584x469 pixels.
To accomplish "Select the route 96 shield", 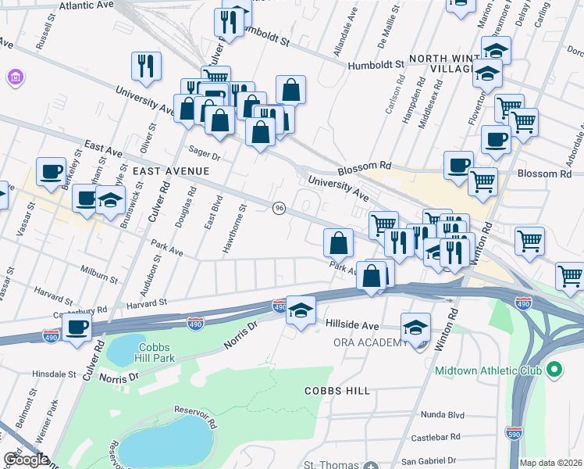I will [x=279, y=207].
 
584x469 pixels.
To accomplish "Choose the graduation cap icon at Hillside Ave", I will [x=301, y=310].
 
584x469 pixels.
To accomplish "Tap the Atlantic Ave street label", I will [x=80, y=5].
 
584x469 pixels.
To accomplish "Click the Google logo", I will [x=26, y=460].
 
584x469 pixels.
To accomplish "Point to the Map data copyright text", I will [x=551, y=463].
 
